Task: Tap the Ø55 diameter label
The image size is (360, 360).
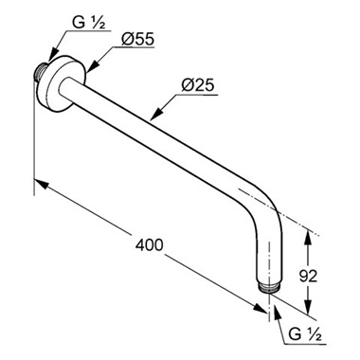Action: pos(139,39)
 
